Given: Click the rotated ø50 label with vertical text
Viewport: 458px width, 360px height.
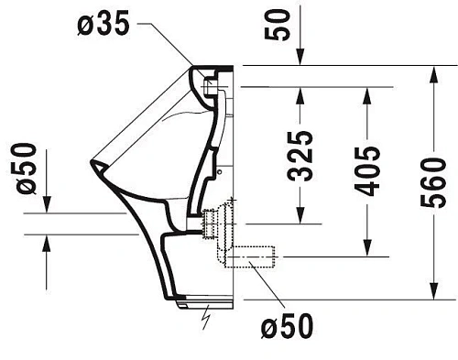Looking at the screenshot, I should [24, 168].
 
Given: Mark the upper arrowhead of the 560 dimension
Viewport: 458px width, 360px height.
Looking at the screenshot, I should [432, 72].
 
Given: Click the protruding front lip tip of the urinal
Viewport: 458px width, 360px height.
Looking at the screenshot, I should [94, 166].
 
